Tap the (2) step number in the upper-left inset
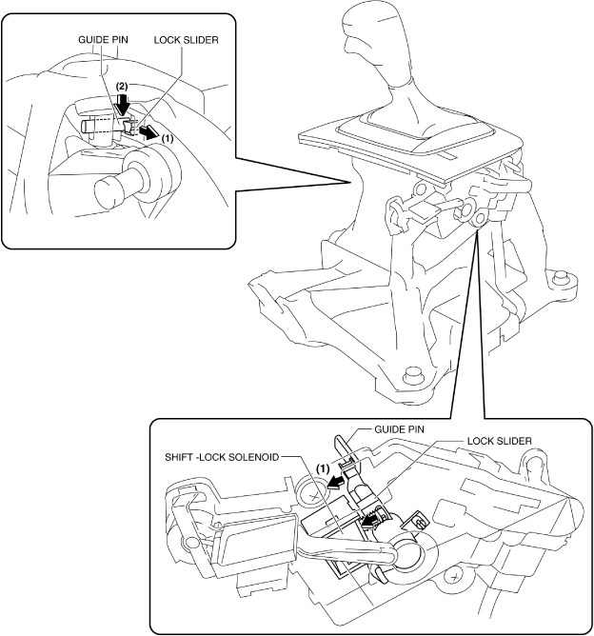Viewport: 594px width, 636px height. point(122,87)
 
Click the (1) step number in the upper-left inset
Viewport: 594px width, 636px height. point(168,137)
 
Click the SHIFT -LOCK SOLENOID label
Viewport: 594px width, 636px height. point(222,457)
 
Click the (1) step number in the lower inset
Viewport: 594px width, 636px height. point(322,469)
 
